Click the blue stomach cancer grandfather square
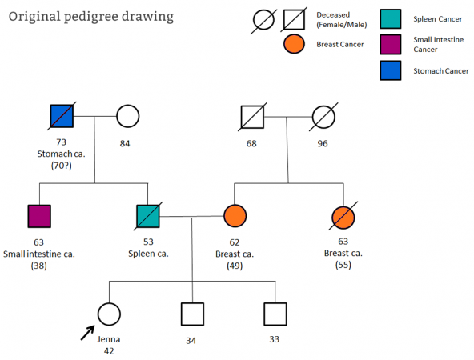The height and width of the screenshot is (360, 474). coord(62,116)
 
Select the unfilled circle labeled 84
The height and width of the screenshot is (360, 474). coord(128,116)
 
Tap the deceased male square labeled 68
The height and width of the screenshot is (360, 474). coord(252,117)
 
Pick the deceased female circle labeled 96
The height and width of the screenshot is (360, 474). coord(323,117)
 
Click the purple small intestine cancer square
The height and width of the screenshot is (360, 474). coord(39,216)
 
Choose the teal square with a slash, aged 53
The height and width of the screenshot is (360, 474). coord(148,216)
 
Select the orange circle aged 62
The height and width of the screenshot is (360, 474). coord(235,216)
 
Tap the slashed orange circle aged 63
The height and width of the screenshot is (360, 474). coord(343,217)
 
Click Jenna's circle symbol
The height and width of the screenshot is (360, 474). coord(109,314)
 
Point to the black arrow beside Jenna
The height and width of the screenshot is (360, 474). coord(87,333)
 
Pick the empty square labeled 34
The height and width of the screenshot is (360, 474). coord(192,314)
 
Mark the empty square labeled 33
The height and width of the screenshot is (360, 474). coord(275,314)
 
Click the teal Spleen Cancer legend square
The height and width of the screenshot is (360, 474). coord(391,19)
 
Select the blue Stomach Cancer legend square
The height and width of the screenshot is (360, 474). coord(391,70)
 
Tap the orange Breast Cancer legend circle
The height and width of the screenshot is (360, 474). coord(294,44)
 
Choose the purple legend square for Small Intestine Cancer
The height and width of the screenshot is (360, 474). coord(391,45)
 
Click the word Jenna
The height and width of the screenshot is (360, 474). coord(109,339)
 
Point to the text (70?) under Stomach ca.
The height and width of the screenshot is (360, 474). coord(62,166)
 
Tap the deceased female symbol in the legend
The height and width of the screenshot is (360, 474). coord(263,21)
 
